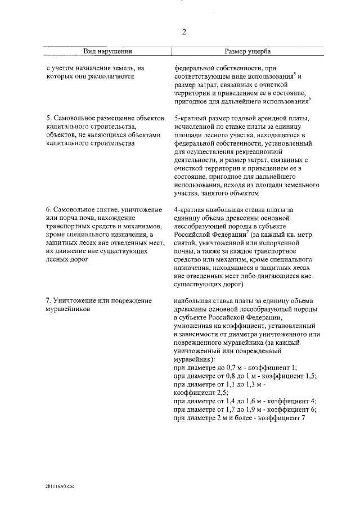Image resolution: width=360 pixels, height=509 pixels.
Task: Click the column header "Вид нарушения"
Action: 107,52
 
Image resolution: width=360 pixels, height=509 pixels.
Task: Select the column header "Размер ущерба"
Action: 248,52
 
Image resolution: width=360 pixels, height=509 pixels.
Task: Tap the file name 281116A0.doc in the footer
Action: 60,487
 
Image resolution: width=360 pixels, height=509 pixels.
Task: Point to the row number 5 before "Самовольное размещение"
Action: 48,119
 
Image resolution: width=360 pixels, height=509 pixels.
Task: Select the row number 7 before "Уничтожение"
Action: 48,301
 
